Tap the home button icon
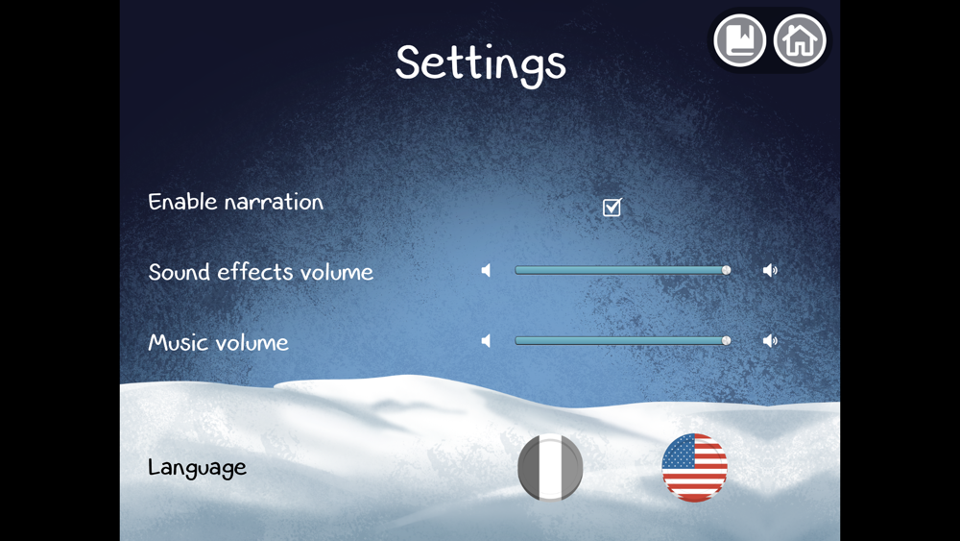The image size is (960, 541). (800, 40)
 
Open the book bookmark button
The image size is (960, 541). (739, 40)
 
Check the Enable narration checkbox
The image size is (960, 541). (612, 208)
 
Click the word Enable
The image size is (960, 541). (182, 202)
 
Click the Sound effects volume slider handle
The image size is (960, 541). (726, 270)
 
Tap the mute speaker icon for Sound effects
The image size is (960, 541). (486, 270)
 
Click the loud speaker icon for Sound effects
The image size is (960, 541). (770, 270)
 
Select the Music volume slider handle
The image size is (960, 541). (726, 341)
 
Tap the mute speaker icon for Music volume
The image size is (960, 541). (486, 341)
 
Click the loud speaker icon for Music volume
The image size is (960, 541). (770, 341)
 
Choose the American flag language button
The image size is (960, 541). (694, 467)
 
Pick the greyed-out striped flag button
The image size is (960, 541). (550, 467)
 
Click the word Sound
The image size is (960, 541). (180, 272)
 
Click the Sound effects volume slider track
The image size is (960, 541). (622, 270)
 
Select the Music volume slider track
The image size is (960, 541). (622, 341)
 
